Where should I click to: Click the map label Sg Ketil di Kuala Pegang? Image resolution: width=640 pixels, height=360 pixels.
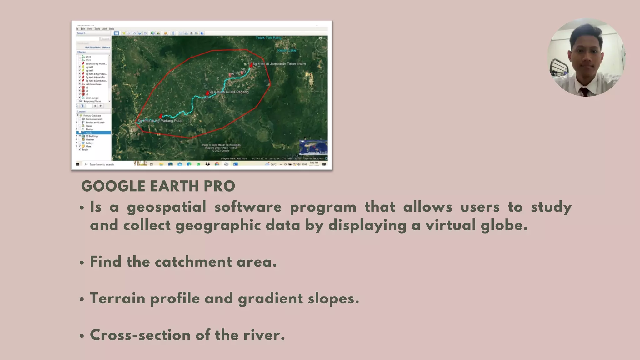[x=229, y=92]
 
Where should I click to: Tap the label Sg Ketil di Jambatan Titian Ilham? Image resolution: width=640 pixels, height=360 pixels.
[x=279, y=64]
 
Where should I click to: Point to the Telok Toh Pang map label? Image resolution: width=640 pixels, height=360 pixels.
[x=268, y=38]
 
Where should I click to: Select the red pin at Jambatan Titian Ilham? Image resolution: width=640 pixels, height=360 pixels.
[x=251, y=65]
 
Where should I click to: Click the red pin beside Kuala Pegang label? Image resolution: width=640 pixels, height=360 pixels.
[x=207, y=93]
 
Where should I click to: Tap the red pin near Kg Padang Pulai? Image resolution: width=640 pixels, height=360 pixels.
[x=161, y=116]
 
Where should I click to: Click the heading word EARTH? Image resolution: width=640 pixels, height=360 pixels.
[x=174, y=186]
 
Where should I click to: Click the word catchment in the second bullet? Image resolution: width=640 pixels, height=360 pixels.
[x=193, y=262]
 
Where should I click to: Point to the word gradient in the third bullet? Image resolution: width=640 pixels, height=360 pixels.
[x=270, y=298]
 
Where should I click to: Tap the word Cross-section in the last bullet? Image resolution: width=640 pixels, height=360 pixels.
[x=140, y=335]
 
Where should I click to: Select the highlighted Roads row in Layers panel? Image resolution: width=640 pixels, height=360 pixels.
[x=93, y=133]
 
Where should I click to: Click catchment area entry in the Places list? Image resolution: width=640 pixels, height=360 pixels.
[x=93, y=84]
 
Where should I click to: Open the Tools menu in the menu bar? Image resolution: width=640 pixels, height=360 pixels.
[x=97, y=29]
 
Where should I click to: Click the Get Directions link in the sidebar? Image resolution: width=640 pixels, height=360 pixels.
[x=93, y=47]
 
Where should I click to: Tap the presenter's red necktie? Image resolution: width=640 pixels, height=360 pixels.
[x=584, y=92]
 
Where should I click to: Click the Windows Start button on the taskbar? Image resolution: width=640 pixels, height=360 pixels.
[x=77, y=164]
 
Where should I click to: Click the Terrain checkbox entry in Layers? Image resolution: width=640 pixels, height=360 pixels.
[x=85, y=150]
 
